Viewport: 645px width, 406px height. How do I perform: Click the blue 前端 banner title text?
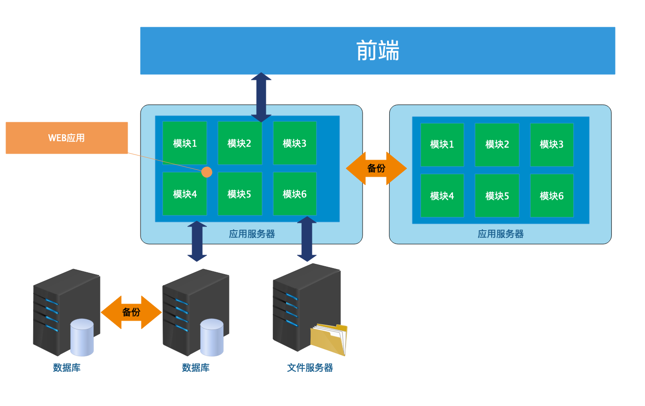377,51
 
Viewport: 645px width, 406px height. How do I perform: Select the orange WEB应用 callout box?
66,138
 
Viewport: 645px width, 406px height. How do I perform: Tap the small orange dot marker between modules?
207,172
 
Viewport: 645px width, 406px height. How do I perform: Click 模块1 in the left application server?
185,143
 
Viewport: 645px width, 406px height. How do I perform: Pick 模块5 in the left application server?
240,194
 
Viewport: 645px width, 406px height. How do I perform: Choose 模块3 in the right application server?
551,144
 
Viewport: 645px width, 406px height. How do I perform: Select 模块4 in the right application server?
442,196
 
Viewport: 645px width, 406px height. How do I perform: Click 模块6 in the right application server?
551,196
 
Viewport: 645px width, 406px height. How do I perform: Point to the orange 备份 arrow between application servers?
376,168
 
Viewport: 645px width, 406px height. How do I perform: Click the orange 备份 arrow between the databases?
131,312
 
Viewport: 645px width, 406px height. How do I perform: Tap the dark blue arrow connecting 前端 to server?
261,97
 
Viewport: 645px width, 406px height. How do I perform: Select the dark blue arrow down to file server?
306,239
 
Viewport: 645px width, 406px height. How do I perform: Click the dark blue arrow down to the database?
197,241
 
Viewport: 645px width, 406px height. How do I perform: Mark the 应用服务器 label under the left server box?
252,234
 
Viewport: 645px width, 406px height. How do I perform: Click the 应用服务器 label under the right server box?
500,234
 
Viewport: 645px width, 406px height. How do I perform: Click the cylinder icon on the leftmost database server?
82,337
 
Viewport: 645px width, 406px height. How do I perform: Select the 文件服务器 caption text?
310,368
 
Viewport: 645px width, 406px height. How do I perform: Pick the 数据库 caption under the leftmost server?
67,368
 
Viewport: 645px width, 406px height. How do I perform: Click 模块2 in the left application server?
240,143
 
